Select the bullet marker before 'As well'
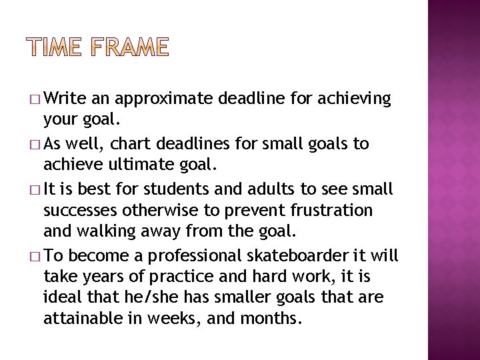click(35, 145)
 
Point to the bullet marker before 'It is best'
click(35, 189)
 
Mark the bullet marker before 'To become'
click(35, 256)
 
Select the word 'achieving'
click(359, 99)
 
